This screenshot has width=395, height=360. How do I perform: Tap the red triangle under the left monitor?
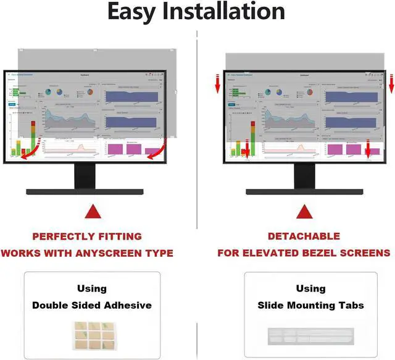(93, 213)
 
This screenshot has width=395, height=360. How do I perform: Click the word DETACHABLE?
(304, 237)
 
